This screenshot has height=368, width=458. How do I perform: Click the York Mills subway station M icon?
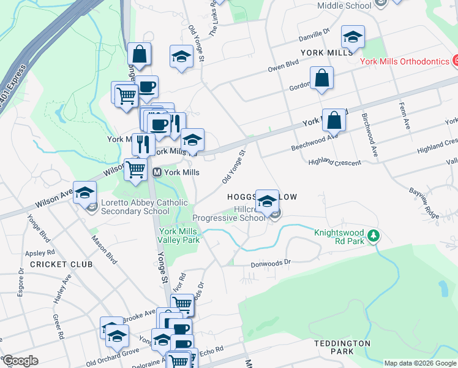(x=157, y=173)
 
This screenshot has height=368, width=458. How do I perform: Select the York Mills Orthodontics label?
(x=404, y=61)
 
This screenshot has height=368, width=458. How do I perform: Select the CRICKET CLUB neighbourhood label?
(x=61, y=264)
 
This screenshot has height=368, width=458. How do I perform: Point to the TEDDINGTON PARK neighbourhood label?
(x=342, y=347)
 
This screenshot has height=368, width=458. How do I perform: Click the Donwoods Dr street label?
(x=271, y=264)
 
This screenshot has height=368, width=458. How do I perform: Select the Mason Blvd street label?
(x=103, y=245)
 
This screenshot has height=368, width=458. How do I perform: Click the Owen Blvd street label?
(x=283, y=66)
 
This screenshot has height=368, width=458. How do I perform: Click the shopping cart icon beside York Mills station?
(x=136, y=169)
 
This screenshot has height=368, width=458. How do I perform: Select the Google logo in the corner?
(x=20, y=361)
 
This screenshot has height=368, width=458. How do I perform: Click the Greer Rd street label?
(x=58, y=328)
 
